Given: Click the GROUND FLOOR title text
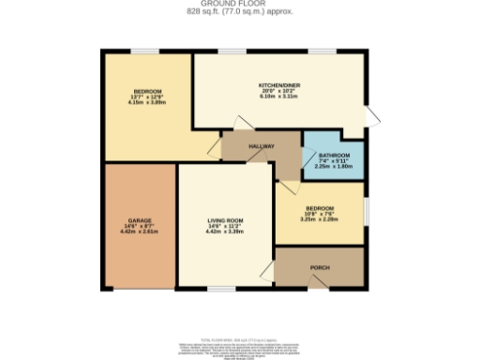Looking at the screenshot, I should click(240, 4).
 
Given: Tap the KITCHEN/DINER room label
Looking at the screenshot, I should click(279, 84).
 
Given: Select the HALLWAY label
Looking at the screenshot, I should click(261, 147).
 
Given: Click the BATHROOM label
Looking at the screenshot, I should click(334, 154).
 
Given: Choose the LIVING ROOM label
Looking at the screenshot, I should click(225, 220).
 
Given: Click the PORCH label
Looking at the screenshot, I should click(319, 267).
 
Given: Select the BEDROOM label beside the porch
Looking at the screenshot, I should click(319, 208).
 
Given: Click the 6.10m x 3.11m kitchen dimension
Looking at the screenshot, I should click(279, 96).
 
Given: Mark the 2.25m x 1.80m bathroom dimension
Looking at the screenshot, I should click(334, 165).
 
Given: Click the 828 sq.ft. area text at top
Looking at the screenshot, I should click(240, 11).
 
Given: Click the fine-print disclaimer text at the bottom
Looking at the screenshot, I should click(240, 327).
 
